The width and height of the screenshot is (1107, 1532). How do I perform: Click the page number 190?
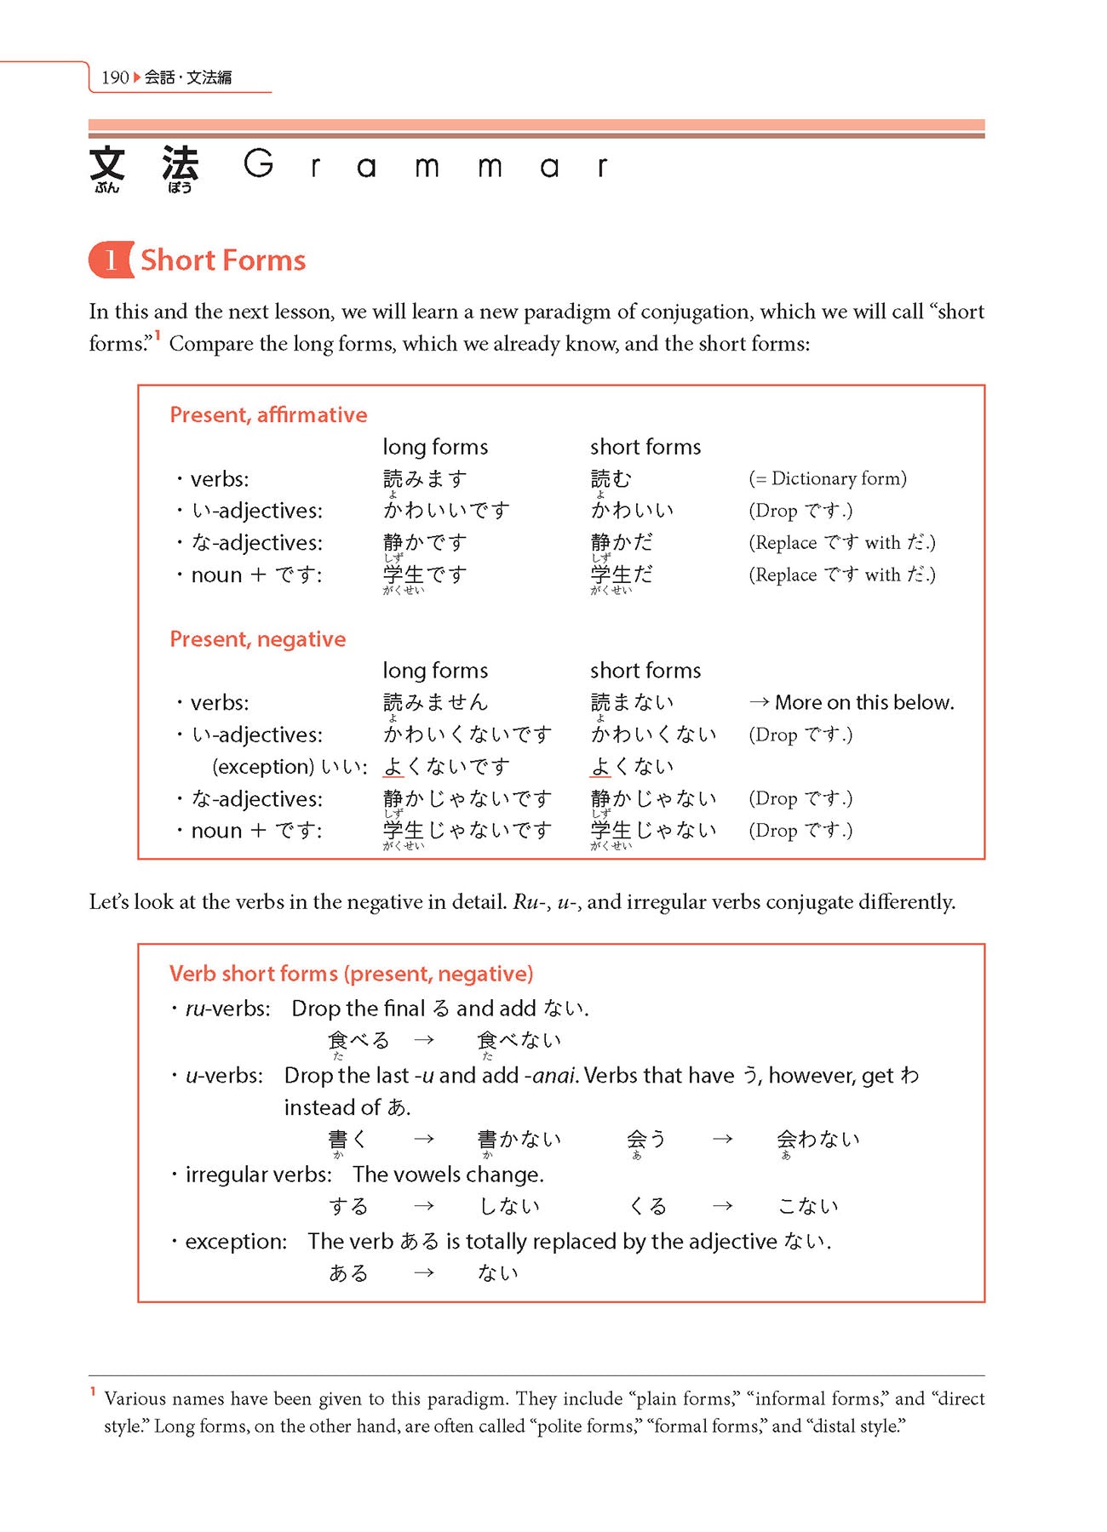[x=114, y=77]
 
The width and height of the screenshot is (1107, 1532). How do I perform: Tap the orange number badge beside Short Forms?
[x=111, y=260]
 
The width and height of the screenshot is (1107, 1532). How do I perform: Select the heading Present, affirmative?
[x=268, y=414]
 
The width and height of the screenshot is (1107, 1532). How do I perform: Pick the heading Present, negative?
[x=257, y=639]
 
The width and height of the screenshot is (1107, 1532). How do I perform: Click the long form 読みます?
[x=425, y=479]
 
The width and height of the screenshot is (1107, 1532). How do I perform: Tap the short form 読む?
[x=611, y=479]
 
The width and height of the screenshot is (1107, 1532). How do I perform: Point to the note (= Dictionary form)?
[x=828, y=479]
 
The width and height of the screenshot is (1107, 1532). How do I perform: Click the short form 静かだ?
[x=622, y=542]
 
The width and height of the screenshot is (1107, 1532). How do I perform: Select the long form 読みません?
[x=435, y=702]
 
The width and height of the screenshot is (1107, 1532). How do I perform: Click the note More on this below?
[x=863, y=702]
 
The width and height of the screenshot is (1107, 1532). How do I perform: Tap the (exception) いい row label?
[x=290, y=767]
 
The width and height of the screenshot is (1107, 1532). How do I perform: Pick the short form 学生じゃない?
[x=653, y=831]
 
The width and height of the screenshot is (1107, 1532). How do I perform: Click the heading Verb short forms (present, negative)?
[x=351, y=974]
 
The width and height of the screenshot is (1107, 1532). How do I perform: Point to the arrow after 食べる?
[x=424, y=1040]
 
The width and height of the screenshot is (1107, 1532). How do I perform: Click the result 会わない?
[x=817, y=1140]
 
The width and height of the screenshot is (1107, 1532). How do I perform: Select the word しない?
[x=509, y=1206]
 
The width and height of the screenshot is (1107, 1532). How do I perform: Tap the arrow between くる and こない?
[x=722, y=1206]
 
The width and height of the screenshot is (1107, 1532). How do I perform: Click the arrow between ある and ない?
[x=424, y=1273]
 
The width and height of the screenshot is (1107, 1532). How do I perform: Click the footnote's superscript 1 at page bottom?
[x=93, y=1392]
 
